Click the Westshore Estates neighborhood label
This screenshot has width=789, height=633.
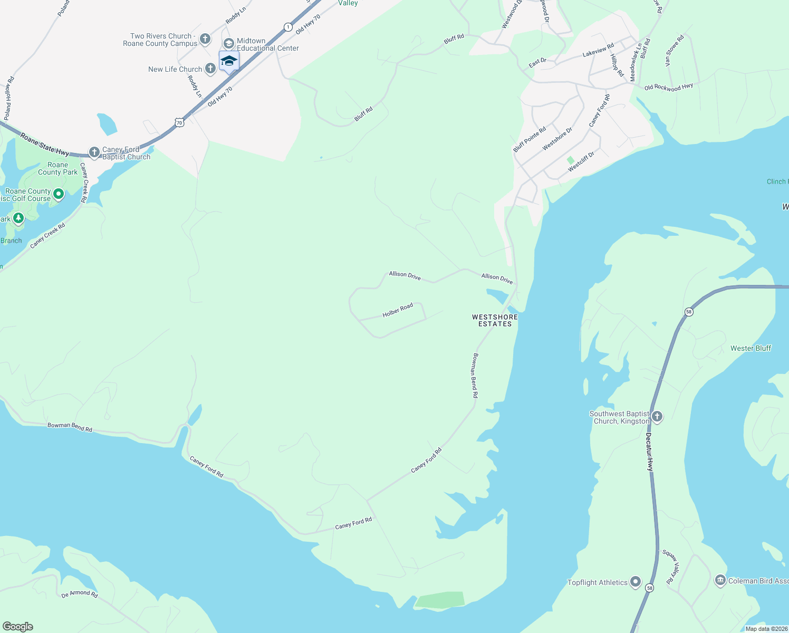pyautogui.click(x=495, y=321)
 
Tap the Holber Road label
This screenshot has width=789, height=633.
pyautogui.click(x=398, y=311)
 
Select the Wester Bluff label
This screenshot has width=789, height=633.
pyautogui.click(x=750, y=348)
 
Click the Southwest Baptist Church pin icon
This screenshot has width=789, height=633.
pyautogui.click(x=657, y=417)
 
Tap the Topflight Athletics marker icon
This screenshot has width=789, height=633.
pyautogui.click(x=636, y=582)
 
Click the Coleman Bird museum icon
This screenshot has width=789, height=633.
pyautogui.click(x=720, y=580)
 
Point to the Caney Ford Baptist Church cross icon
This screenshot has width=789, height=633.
pyautogui.click(x=94, y=153)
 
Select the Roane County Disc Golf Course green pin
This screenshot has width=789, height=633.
pyautogui.click(x=59, y=195)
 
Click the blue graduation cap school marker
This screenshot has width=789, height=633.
pyautogui.click(x=229, y=61)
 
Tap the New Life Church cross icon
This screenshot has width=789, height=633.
pyautogui.click(x=210, y=68)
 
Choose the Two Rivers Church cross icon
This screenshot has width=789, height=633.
pyautogui.click(x=205, y=39)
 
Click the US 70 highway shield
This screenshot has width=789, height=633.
pyautogui.click(x=179, y=122)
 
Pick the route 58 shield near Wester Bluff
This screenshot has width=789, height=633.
pyautogui.click(x=689, y=312)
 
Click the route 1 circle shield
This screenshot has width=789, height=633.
pyautogui.click(x=287, y=27)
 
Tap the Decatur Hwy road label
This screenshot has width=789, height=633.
pyautogui.click(x=650, y=452)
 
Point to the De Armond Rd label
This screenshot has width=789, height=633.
pyautogui.click(x=80, y=593)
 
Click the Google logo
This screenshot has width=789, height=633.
pyautogui.click(x=18, y=627)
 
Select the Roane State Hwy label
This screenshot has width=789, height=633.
pyautogui.click(x=45, y=144)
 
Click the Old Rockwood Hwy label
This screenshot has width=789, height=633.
pyautogui.click(x=668, y=87)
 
